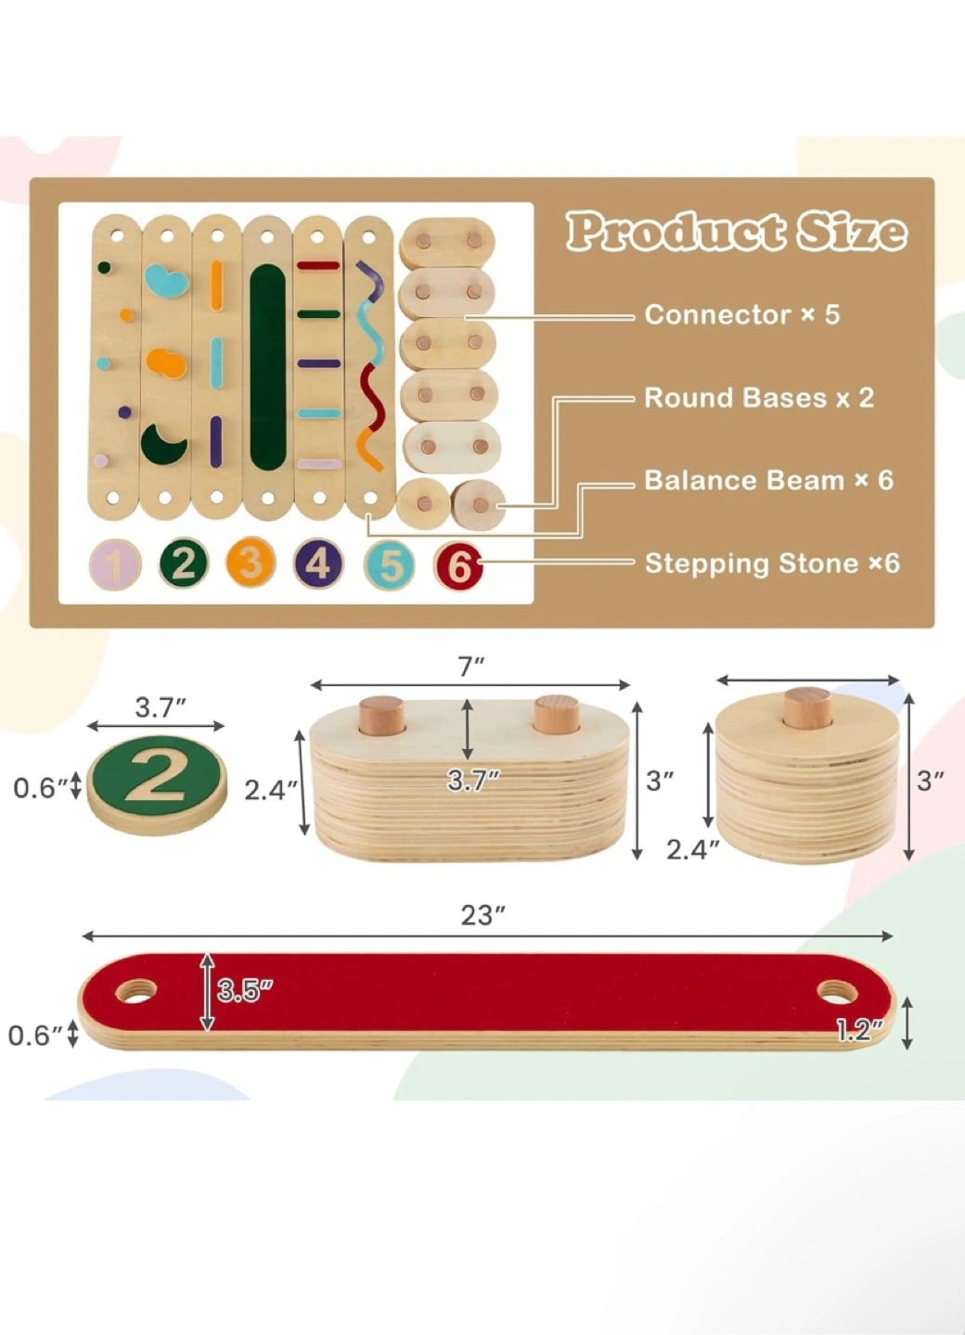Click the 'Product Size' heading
tap(736, 231)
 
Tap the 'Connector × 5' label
tap(741, 314)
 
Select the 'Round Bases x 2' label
tap(758, 398)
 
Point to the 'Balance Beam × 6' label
tap(768, 480)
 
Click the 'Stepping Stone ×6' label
tap(772, 563)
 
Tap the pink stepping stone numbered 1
tap(115, 565)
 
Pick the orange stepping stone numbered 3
tap(251, 563)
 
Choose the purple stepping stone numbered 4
tap(318, 563)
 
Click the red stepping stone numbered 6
tap(459, 566)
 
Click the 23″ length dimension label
tap(482, 915)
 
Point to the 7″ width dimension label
tap(471, 667)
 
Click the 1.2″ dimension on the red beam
tap(859, 1030)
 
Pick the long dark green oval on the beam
tap(267, 365)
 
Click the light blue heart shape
tap(166, 280)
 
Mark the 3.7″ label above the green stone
tap(161, 707)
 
